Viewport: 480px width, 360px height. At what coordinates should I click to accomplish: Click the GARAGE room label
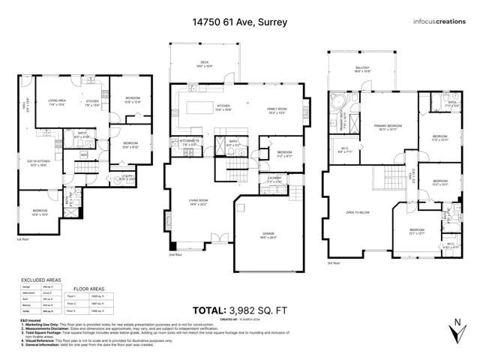[268, 235]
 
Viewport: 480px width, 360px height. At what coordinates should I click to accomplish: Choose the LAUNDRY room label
[274, 178]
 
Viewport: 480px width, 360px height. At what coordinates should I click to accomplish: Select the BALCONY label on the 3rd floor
[363, 67]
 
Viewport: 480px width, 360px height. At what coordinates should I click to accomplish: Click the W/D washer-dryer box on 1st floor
[84, 155]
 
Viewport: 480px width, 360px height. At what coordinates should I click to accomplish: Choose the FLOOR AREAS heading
[93, 286]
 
